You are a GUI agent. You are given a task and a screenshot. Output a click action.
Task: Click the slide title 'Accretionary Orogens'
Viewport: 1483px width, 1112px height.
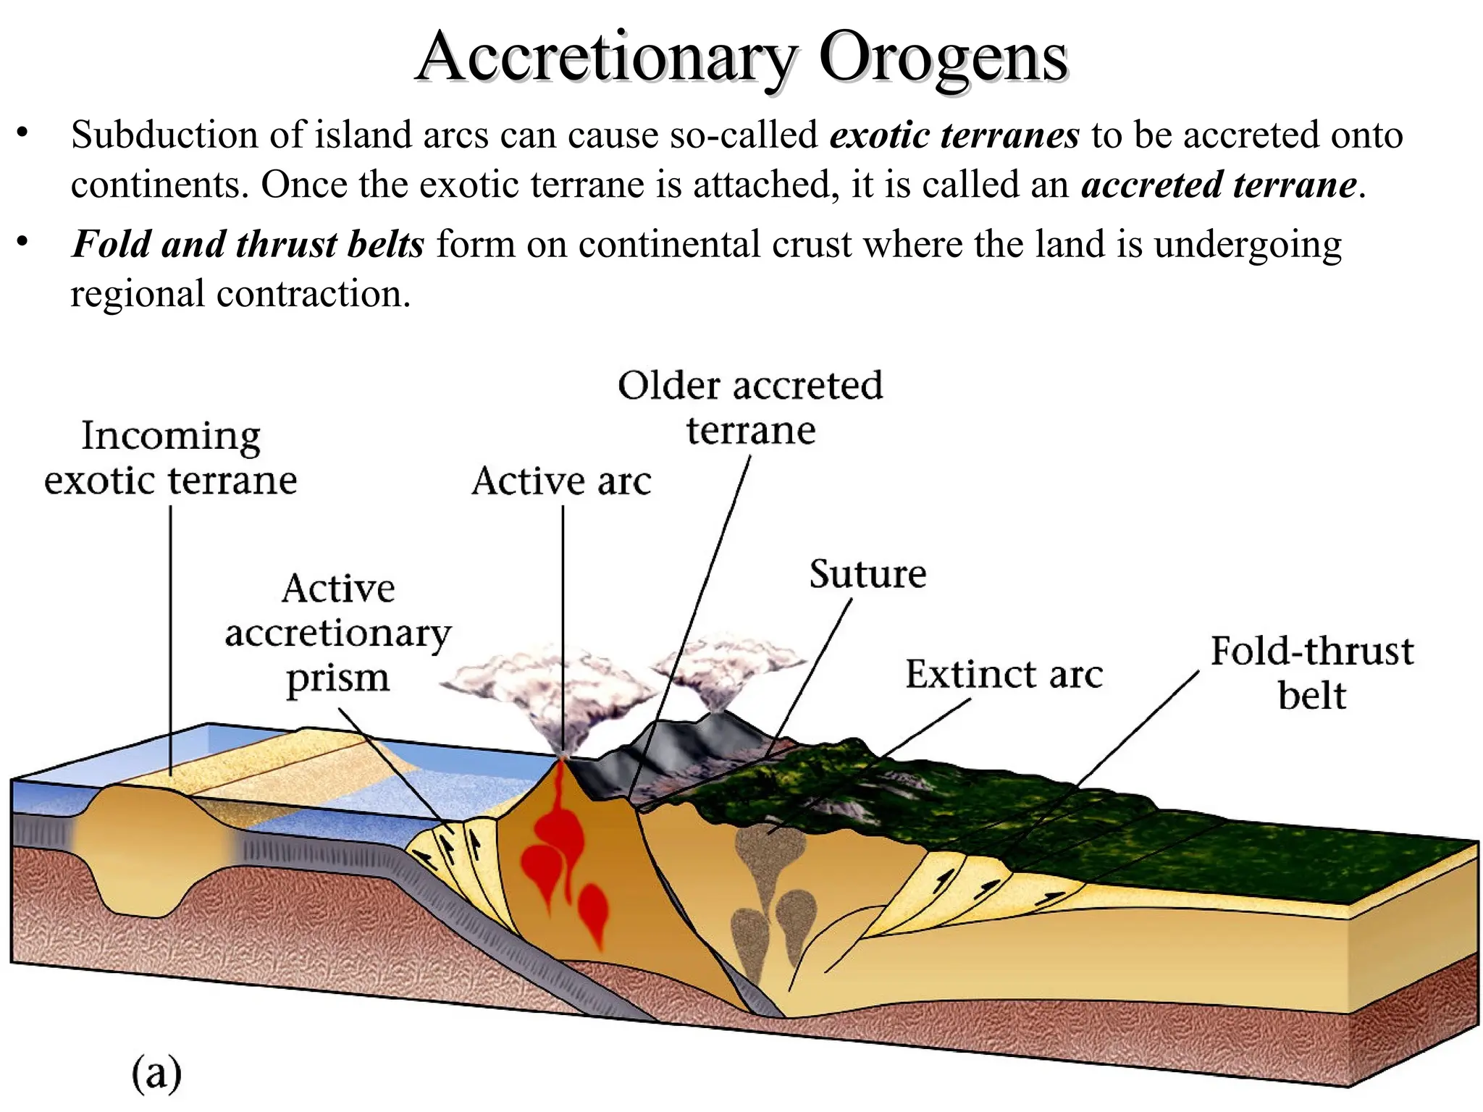741,58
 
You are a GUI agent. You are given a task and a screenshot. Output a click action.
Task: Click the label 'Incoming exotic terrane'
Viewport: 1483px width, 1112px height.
171,458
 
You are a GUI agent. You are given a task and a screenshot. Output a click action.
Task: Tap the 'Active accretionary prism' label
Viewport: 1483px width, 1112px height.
337,633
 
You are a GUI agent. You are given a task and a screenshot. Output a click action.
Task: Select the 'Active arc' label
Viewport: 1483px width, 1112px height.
561,481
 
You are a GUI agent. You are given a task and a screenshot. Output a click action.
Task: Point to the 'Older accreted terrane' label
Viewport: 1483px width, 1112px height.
750,408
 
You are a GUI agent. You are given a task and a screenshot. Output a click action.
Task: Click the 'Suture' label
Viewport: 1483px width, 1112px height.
867,574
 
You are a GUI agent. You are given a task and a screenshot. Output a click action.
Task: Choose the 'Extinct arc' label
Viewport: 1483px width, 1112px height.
1004,674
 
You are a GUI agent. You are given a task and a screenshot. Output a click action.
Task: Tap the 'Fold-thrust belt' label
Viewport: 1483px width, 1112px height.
1311,673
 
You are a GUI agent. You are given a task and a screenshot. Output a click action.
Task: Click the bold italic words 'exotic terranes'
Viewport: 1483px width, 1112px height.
954,135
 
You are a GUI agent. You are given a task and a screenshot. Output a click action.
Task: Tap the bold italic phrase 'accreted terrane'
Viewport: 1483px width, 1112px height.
1219,185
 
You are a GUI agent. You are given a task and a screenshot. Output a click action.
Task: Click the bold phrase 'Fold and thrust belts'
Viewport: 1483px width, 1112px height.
248,244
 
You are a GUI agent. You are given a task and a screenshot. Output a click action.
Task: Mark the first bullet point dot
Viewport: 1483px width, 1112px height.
23,134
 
